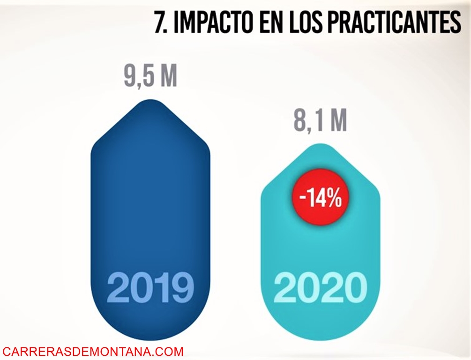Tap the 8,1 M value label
pos(320,120)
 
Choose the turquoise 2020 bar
pos(320,244)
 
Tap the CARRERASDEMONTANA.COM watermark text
pos(93,351)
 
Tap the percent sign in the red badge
pos(334,199)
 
